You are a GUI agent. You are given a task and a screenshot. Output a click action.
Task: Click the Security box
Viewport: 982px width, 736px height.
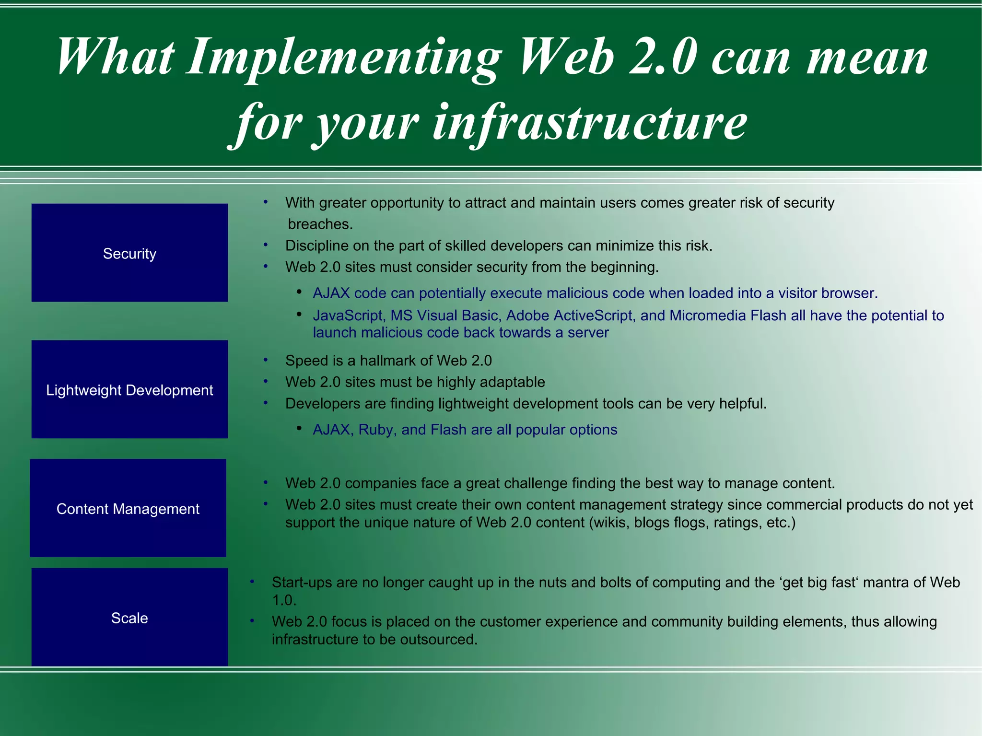point(129,253)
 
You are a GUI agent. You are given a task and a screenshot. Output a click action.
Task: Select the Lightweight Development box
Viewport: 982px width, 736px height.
point(129,389)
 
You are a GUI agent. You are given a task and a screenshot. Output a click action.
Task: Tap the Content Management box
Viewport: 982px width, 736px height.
point(128,508)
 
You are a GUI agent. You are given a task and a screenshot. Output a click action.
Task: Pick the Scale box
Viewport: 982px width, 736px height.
point(129,617)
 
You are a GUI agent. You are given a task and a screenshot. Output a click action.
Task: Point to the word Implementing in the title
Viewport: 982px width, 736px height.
point(343,58)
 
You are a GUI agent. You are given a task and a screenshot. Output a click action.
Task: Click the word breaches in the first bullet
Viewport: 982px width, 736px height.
point(318,224)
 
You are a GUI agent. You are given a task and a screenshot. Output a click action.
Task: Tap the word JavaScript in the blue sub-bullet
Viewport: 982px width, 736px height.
point(348,315)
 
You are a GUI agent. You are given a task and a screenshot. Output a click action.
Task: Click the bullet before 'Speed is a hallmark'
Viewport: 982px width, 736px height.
point(265,360)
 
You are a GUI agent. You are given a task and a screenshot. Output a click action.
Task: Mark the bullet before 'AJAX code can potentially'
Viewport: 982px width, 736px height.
point(299,292)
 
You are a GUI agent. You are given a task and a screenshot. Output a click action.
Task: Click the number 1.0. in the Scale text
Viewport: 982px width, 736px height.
point(284,600)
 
